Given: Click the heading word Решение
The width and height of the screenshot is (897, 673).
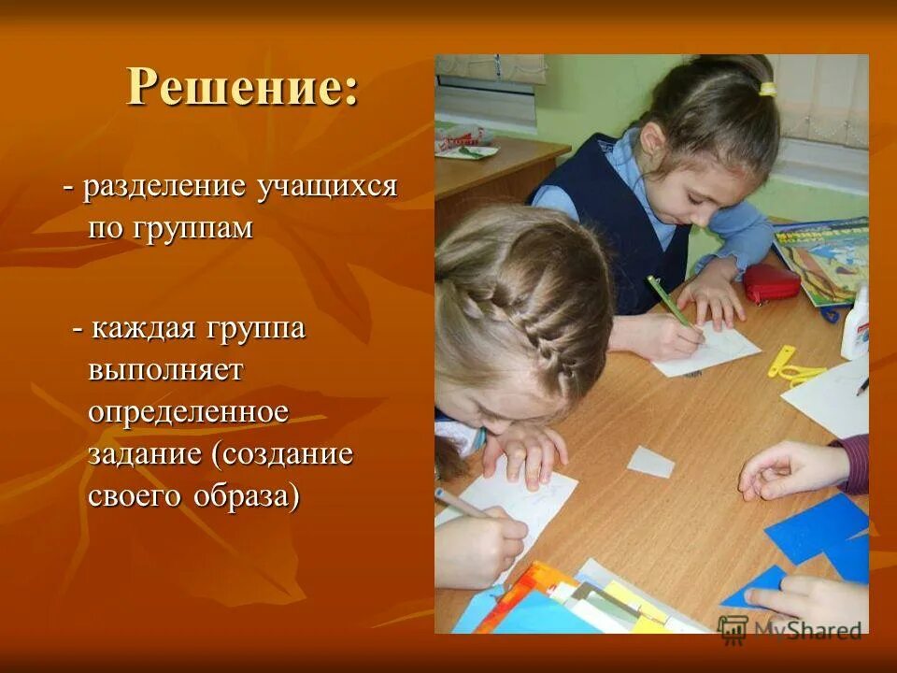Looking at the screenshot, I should [242, 88].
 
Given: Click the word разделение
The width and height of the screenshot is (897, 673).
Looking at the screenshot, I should [164, 186].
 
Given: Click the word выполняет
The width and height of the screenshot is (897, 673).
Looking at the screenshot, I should [165, 369].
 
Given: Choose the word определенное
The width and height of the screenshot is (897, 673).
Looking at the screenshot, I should [189, 411].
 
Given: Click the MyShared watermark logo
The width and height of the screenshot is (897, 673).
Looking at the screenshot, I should [790, 629].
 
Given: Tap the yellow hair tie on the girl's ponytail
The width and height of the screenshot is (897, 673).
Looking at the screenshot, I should [767, 90].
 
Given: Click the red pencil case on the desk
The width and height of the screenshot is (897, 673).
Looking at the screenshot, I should [771, 282].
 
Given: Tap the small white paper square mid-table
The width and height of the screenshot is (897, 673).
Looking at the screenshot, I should [650, 461].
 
